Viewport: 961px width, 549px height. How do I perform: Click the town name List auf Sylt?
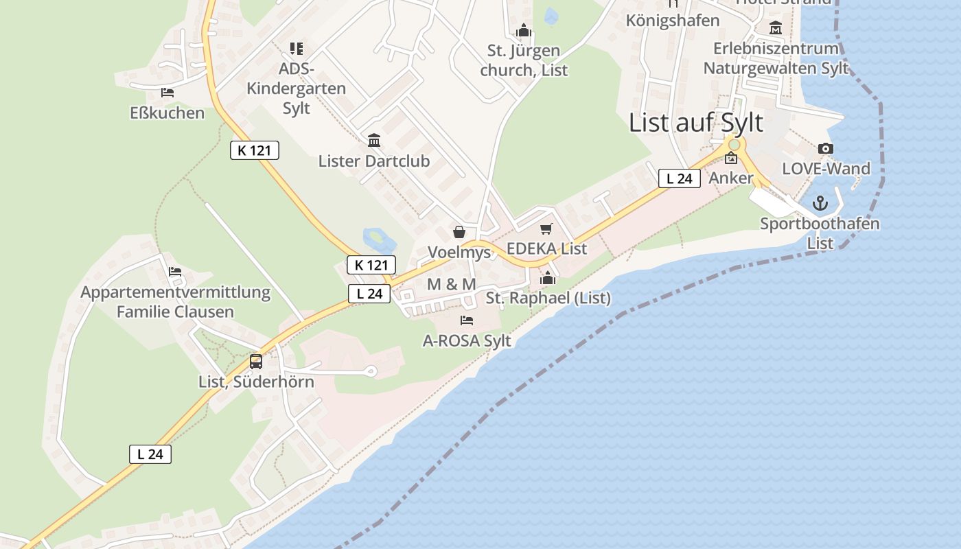(x=696, y=123)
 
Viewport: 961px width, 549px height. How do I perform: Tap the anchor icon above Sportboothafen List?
(x=820, y=203)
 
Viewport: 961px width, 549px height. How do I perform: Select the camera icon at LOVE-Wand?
(x=826, y=148)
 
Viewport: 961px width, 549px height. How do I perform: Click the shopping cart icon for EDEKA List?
(x=546, y=229)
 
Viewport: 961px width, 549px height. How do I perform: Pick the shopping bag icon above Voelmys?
(x=459, y=232)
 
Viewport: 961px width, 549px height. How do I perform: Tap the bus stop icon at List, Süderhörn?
(x=256, y=361)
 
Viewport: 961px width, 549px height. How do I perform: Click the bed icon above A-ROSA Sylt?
(x=467, y=320)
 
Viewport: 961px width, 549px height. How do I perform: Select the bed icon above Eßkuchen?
(x=167, y=93)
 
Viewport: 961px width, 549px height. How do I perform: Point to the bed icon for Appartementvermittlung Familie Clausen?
(x=175, y=272)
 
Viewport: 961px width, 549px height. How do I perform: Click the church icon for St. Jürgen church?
(x=524, y=31)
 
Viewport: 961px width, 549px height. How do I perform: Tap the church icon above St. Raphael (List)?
(x=548, y=278)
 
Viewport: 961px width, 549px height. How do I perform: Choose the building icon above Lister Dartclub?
(x=374, y=141)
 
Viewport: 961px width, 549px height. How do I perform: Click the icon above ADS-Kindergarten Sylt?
(x=296, y=48)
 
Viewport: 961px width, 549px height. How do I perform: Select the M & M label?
(x=451, y=284)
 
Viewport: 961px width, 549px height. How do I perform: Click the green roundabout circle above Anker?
(x=734, y=145)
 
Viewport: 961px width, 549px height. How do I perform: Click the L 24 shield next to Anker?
(x=679, y=178)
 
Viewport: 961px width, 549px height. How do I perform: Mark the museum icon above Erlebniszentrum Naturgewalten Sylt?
(x=776, y=28)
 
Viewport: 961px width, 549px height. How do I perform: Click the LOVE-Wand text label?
(x=826, y=168)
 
